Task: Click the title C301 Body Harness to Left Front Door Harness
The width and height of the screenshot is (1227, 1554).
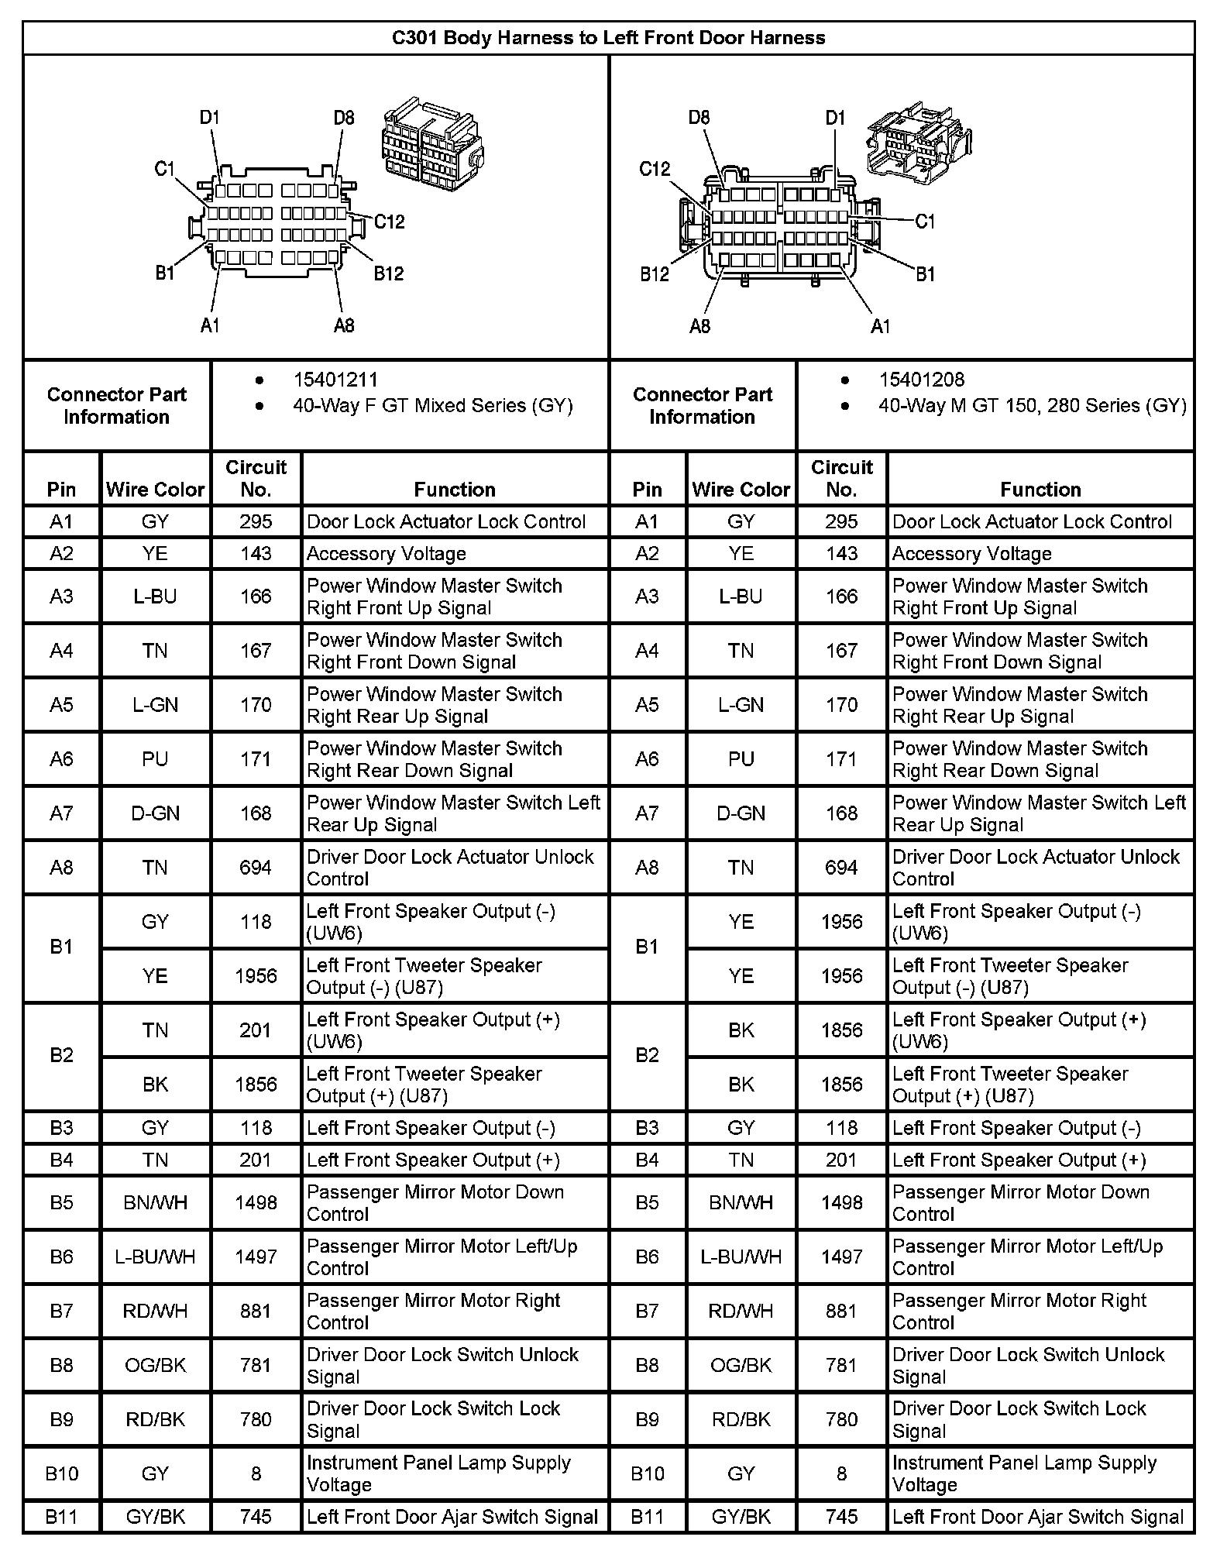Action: coord(608,38)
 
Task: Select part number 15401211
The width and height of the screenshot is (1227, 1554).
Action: coord(335,380)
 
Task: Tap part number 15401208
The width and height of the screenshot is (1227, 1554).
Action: coord(921,380)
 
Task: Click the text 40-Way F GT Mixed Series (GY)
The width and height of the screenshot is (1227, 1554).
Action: coord(432,405)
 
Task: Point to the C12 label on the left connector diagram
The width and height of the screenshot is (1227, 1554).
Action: coord(389,222)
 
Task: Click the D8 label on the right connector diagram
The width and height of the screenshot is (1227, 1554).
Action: coord(699,118)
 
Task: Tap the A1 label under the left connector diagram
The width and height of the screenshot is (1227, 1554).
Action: coord(210,325)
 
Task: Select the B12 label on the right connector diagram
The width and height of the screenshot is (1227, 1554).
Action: coord(655,274)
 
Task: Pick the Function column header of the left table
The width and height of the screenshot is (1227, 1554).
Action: coord(454,489)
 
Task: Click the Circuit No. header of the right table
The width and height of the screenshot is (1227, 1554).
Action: coord(841,478)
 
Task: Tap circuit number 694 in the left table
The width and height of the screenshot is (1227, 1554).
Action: coord(256,868)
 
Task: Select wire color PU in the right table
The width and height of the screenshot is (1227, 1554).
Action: coord(741,759)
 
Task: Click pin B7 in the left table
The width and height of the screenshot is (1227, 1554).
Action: coord(61,1311)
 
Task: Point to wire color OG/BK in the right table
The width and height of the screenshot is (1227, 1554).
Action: coord(741,1365)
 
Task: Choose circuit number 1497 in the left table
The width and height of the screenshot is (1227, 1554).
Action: coord(256,1257)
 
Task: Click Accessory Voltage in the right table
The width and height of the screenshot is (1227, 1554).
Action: coord(971,553)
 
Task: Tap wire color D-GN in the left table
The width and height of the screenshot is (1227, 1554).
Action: coord(155,813)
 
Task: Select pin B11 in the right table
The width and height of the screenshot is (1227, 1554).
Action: coord(647,1517)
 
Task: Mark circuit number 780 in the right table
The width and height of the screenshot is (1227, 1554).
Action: coord(841,1419)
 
